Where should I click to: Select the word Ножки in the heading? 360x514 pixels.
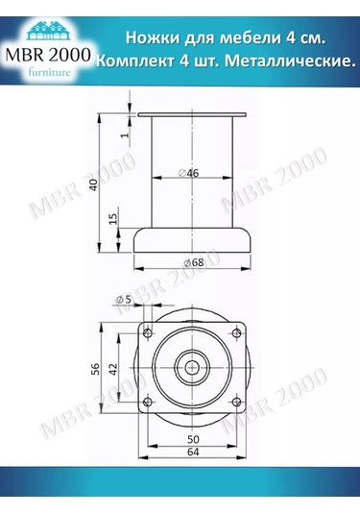pyautogui.click(x=154, y=37)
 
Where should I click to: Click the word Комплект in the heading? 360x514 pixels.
pyautogui.click(x=138, y=61)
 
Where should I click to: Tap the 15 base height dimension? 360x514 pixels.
pyautogui.click(x=113, y=221)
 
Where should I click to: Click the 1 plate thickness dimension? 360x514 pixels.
pyautogui.click(x=125, y=135)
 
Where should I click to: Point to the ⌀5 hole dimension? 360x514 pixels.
pyautogui.click(x=123, y=301)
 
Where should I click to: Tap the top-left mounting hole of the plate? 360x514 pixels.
pyautogui.click(x=148, y=330)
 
